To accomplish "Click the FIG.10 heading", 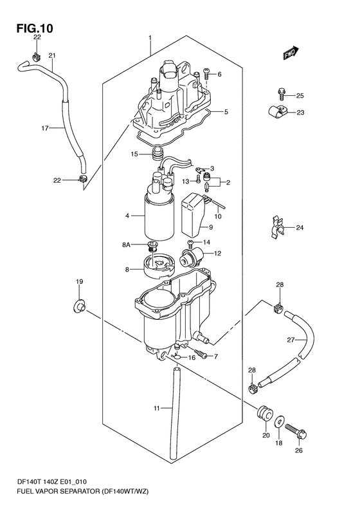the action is [x=35, y=28].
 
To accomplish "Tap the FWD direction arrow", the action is [x=291, y=53].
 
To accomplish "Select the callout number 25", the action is [x=300, y=96].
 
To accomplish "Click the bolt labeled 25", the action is [x=281, y=93].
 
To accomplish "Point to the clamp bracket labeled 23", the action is [x=276, y=111].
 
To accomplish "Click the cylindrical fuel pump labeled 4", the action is [x=159, y=212].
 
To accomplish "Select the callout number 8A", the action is [x=126, y=245].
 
